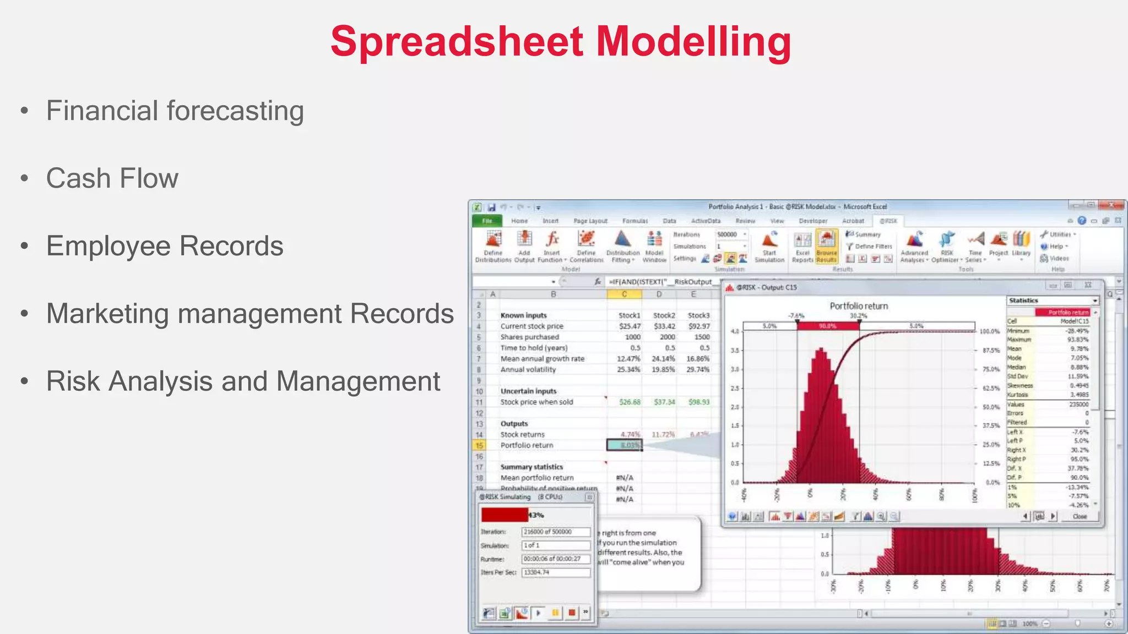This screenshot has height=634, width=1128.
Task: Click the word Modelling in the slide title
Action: pyautogui.click(x=693, y=42)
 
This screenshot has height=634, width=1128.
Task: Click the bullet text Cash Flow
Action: pyautogui.click(x=112, y=178)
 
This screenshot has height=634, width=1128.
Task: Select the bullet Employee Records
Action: pyautogui.click(x=165, y=246)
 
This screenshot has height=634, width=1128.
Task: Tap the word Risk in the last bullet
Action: pyautogui.click(x=73, y=381)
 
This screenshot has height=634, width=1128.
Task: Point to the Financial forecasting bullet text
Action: pyautogui.click(x=175, y=111)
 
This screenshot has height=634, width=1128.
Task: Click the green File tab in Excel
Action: pyautogui.click(x=487, y=221)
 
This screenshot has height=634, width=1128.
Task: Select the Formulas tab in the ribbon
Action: pyautogui.click(x=634, y=221)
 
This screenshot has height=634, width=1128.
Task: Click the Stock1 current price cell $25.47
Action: pyautogui.click(x=629, y=326)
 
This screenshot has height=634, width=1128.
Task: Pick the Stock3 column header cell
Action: pyautogui.click(x=698, y=315)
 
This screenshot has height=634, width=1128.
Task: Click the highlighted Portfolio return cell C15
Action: pyautogui.click(x=625, y=445)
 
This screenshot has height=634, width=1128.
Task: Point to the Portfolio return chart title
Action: pyautogui.click(x=858, y=306)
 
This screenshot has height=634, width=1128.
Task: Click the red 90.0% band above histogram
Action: pyautogui.click(x=827, y=326)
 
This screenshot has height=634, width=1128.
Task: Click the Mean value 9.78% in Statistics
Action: pyautogui.click(x=1078, y=349)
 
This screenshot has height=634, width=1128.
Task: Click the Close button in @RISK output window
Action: pyautogui.click(x=1080, y=516)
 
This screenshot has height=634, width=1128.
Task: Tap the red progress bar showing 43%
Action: pyautogui.click(x=504, y=515)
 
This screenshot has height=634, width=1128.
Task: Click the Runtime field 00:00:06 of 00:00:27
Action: pyautogui.click(x=555, y=559)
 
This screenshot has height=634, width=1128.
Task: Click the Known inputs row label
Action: pyautogui.click(x=523, y=315)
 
